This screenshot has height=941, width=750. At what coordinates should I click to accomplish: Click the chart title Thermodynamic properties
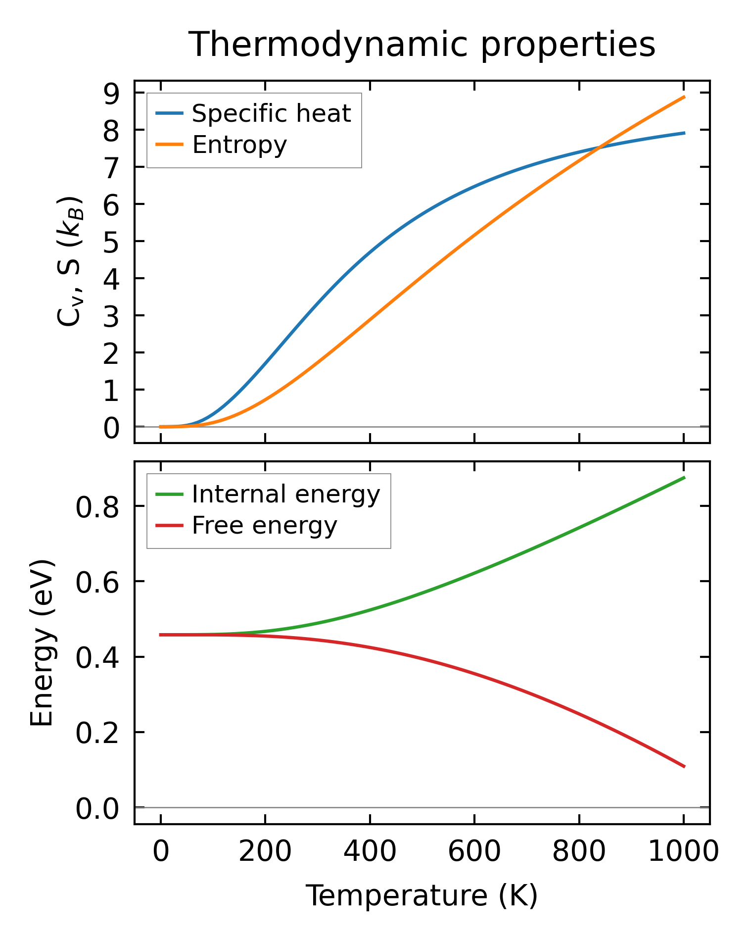422,45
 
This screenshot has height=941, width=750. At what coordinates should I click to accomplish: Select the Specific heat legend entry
271,114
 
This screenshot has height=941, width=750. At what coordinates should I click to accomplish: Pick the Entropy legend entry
239,145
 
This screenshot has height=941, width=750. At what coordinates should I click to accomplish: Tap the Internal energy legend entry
285,495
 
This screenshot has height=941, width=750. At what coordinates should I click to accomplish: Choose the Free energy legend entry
264,526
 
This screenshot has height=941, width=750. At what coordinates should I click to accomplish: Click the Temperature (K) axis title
422,895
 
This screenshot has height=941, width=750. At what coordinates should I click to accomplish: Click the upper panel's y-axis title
69,261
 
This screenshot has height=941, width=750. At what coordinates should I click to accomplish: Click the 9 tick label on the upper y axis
112,94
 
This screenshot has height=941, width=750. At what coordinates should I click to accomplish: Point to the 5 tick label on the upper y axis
112,242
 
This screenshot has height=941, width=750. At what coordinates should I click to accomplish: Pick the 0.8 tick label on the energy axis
97,507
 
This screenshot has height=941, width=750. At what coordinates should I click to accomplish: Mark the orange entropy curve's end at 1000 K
684,97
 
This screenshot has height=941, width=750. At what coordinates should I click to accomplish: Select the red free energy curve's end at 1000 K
684,767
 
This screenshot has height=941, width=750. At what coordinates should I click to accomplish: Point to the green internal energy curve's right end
684,477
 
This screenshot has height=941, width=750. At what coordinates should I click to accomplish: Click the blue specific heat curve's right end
684,133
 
